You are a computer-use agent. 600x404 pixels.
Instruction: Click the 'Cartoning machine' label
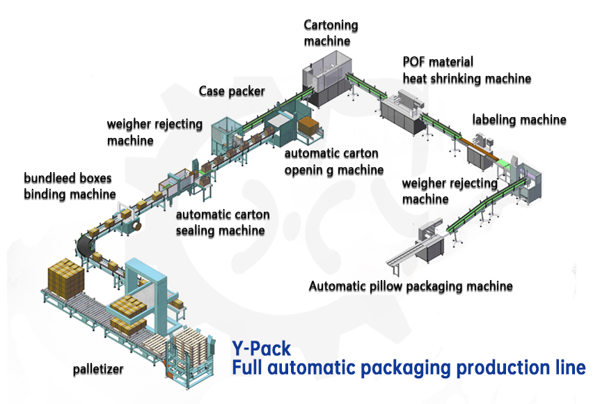pos(331,33)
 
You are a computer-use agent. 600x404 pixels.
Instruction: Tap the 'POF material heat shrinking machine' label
pos(466,70)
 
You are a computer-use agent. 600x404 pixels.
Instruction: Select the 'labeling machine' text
pos(519,120)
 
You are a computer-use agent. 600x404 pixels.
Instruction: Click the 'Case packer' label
pos(232,91)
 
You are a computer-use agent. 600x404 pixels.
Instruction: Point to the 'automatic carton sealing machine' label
pos(222,222)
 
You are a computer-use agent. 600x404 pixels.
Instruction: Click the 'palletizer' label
pos(103,370)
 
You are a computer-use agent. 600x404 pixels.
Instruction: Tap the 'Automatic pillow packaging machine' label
pos(411,286)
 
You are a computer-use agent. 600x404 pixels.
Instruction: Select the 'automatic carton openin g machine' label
pos(333,162)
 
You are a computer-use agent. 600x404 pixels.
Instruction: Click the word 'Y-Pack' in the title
pos(261,348)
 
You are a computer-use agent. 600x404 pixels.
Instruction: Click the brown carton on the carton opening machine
pos(308,125)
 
